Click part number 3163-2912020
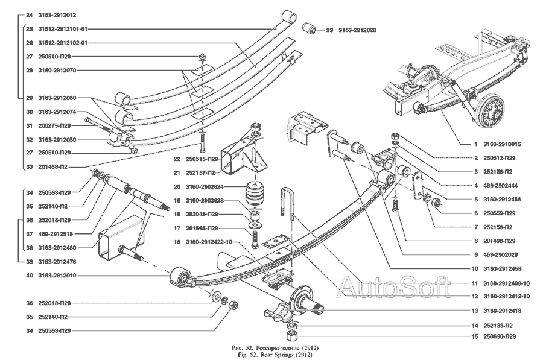361,30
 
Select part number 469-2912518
55,234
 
